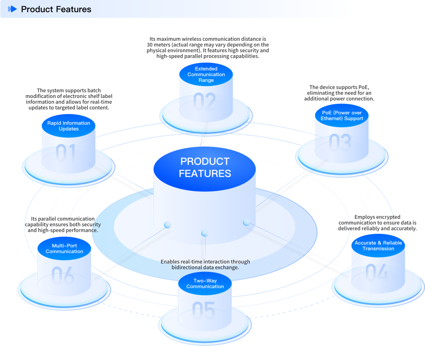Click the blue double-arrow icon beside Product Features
pos(12,9)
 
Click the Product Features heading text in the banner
pos(56,9)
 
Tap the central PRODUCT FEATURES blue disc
pos(205,167)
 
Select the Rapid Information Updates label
pos(68,126)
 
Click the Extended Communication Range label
pos(206,74)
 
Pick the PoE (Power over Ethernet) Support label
pos(342,115)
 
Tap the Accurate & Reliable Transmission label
pos(378,245)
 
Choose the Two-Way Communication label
pos(205,284)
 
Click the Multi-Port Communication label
pos(64,248)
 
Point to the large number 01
pos(66,153)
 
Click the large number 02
pos(205,102)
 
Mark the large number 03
pos(340,143)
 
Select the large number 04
pos(377,273)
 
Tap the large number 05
pos(204,311)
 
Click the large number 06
pos(63,276)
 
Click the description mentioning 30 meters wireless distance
pos(208,47)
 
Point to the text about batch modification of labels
pos(69,99)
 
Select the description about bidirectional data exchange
pos(205,264)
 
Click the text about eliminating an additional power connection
pos(339,93)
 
